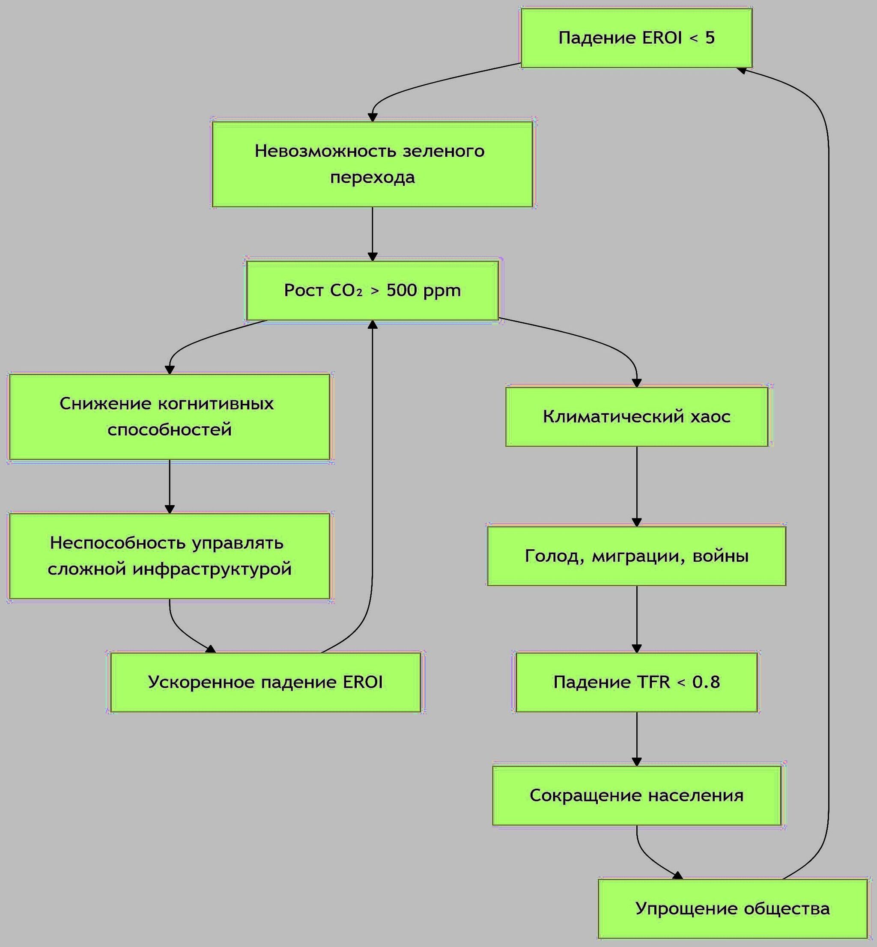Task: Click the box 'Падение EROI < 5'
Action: pyautogui.click(x=636, y=38)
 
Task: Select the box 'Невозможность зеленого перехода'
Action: pyautogui.click(x=373, y=164)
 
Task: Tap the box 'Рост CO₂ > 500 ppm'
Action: pyautogui.click(x=373, y=290)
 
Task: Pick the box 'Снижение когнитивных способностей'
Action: pyautogui.click(x=170, y=417)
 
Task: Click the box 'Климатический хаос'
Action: pyautogui.click(x=636, y=417)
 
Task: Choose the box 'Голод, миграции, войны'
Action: pyautogui.click(x=636, y=556)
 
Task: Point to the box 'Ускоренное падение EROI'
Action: pyautogui.click(x=265, y=682)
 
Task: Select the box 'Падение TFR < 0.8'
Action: pyautogui.click(x=636, y=682)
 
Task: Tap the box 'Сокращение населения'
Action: pyautogui.click(x=636, y=795)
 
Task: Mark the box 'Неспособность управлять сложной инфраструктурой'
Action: pyautogui.click(x=170, y=556)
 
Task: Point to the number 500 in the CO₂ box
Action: pyautogui.click(x=402, y=290)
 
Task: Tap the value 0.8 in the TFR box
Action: pyautogui.click(x=706, y=682)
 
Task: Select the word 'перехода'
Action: pyautogui.click(x=373, y=177)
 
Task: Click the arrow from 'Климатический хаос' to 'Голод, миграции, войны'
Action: pyautogui.click(x=637, y=486)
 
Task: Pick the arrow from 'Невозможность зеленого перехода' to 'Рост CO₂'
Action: pyautogui.click(x=373, y=234)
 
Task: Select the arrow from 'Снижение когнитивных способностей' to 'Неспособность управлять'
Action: pyautogui.click(x=170, y=486)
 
